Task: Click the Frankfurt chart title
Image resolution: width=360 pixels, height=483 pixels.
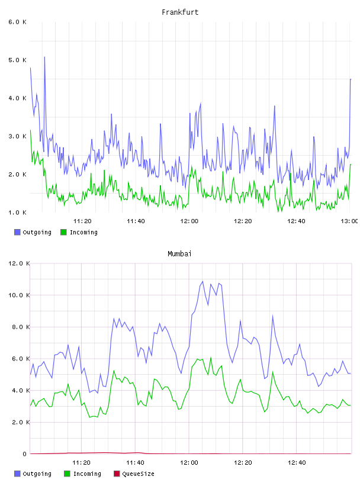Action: tap(180, 12)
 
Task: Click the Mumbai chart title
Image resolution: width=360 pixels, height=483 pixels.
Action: tap(179, 254)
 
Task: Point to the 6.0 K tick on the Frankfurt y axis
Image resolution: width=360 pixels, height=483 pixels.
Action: tap(17, 22)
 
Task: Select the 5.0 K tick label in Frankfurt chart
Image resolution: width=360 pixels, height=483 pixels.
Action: tap(17, 60)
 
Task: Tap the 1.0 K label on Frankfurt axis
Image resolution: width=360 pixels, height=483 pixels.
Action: tap(17, 212)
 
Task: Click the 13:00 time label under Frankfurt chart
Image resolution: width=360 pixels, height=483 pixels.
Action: tap(349, 221)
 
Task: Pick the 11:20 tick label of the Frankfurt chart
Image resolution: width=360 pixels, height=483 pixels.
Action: tap(82, 221)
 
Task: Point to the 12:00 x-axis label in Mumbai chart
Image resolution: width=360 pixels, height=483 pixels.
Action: tap(189, 463)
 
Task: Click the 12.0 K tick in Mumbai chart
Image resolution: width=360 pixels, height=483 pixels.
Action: tap(19, 263)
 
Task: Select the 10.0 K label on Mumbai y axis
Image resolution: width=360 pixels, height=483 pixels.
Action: tap(19, 295)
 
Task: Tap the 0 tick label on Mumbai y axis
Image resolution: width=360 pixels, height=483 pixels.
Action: tap(25, 454)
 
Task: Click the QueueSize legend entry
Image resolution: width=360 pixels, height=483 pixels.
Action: tap(134, 474)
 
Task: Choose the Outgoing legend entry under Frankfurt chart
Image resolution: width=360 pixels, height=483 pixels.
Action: tap(33, 232)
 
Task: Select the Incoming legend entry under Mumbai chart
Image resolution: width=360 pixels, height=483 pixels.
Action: tap(82, 474)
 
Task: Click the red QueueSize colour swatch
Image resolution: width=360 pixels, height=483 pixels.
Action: tap(117, 474)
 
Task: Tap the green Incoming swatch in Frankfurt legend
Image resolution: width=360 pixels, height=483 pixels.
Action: tap(63, 232)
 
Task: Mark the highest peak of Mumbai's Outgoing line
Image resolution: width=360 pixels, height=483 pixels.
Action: tap(202, 281)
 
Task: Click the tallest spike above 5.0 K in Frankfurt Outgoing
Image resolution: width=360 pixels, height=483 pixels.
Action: tap(44, 57)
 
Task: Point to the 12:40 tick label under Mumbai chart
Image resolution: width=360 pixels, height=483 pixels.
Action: tap(297, 463)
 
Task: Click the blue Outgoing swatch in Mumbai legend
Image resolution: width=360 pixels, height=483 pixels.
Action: tap(17, 474)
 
